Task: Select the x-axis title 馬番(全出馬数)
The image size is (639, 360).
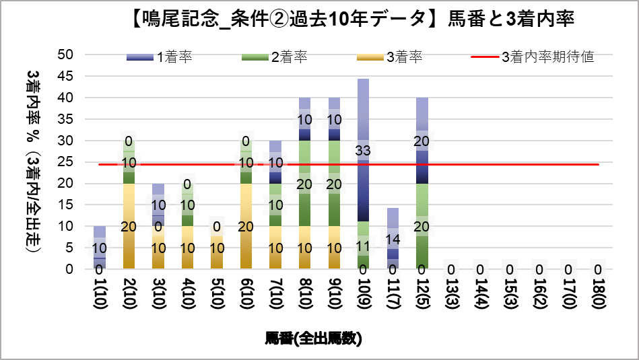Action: coord(313,338)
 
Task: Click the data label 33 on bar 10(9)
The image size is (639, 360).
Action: coord(363,151)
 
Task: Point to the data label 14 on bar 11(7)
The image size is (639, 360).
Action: coord(393,238)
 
